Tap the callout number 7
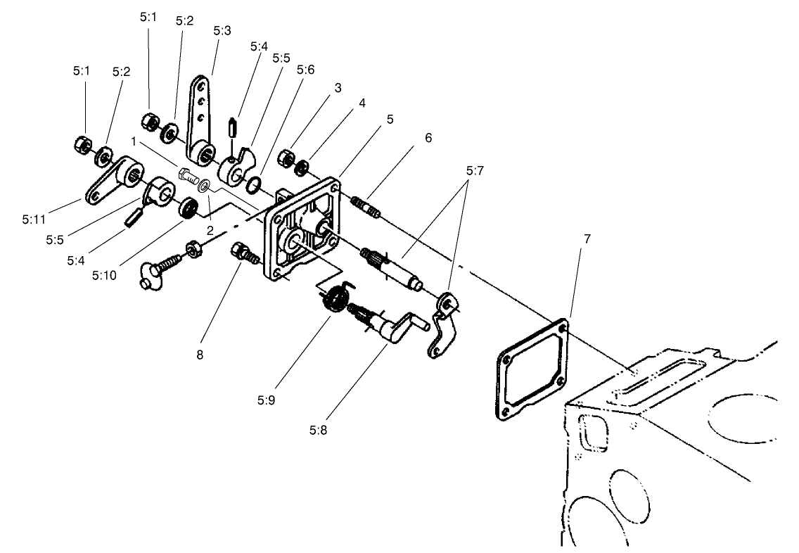587,239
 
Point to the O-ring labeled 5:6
255,185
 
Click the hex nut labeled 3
286,156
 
